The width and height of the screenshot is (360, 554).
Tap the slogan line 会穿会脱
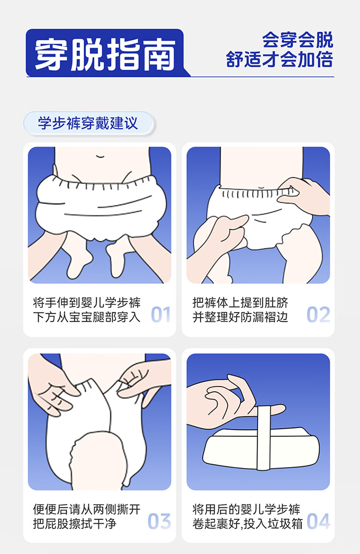pyautogui.click(x=298, y=40)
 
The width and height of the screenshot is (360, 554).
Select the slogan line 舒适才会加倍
pyautogui.click(x=279, y=59)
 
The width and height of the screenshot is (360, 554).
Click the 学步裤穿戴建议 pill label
pyautogui.click(x=88, y=123)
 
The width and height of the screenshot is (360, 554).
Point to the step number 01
pyautogui.click(x=161, y=314)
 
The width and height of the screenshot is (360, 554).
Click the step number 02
pyautogui.click(x=318, y=314)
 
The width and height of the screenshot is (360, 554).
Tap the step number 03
pyautogui.click(x=159, y=521)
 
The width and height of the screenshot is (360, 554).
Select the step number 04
pyautogui.click(x=318, y=521)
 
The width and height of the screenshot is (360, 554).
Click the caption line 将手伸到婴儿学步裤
pyautogui.click(x=87, y=303)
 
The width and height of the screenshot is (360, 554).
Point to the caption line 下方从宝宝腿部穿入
pyautogui.click(x=87, y=317)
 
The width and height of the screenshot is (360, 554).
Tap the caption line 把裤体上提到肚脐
pyautogui.click(x=240, y=303)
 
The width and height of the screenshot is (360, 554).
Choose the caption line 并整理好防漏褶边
pyautogui.click(x=240, y=317)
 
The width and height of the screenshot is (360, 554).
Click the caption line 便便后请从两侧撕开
pyautogui.click(x=87, y=509)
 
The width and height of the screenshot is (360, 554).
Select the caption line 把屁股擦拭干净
pyautogui.click(x=75, y=524)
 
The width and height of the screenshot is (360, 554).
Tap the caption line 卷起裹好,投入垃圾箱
pyautogui.click(x=248, y=524)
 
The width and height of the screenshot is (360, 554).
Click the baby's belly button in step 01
pyautogui.click(x=100, y=156)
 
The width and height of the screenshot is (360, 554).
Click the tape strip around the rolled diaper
pyautogui.click(x=264, y=438)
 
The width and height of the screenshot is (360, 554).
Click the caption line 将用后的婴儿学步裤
pyautogui.click(x=246, y=509)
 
